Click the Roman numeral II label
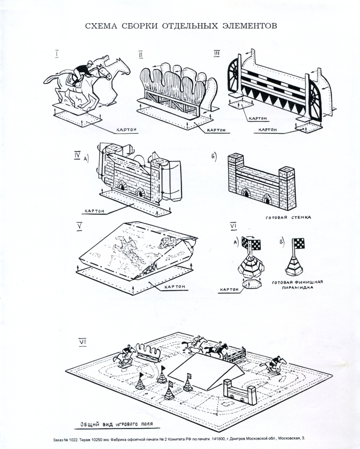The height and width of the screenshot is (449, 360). [x=140, y=54]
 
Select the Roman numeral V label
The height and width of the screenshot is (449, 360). [x=79, y=225]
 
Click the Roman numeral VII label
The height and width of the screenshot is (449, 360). [x=82, y=341]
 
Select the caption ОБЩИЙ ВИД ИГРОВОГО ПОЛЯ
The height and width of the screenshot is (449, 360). [x=118, y=425]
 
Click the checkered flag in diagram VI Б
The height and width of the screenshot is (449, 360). [x=298, y=242]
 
